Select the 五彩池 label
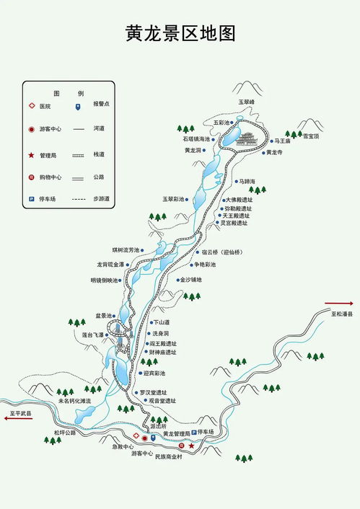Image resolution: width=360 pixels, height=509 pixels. point(221,123)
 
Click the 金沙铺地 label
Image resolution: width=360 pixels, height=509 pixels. point(190,280)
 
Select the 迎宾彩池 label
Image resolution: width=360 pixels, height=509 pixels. point(154,373)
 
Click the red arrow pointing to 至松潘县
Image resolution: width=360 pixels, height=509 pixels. point(337,304)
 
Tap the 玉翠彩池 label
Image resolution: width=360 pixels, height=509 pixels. point(173,198)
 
